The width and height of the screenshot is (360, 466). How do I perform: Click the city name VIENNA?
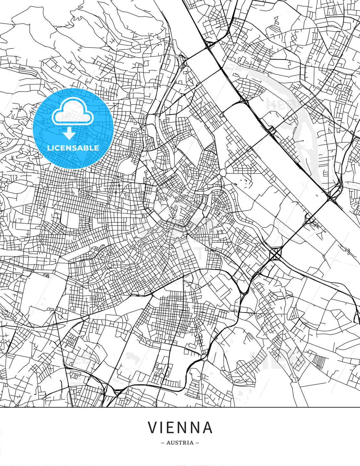click(180, 427)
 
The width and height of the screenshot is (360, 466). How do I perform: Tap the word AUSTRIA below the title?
click(180, 443)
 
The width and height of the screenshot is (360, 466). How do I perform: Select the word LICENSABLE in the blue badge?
click(73, 148)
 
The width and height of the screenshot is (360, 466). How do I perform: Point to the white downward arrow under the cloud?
click(69, 133)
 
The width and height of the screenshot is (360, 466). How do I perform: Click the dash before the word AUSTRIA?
click(163, 443)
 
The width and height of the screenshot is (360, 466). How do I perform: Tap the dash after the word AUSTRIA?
click(197, 443)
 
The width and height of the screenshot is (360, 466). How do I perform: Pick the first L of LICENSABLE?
click(49, 148)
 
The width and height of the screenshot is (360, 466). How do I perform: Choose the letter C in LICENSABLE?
click(58, 148)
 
